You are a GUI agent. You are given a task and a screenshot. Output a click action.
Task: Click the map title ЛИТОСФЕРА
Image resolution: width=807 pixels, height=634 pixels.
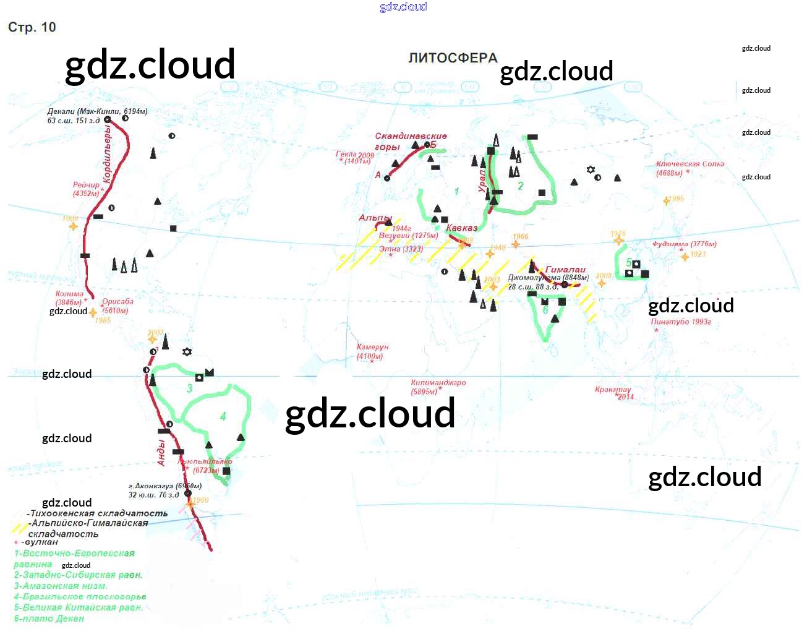pyautogui.click(x=453, y=58)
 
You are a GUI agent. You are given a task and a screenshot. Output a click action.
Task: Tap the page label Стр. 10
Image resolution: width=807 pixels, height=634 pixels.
pyautogui.click(x=32, y=27)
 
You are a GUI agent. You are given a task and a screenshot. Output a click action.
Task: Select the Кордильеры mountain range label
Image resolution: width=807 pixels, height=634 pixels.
pyautogui.click(x=108, y=155)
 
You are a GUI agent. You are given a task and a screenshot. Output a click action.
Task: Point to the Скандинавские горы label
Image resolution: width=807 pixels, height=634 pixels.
pyautogui.click(x=411, y=136)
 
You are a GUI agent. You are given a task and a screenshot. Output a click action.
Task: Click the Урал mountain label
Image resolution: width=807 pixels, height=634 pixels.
pyautogui.click(x=482, y=181)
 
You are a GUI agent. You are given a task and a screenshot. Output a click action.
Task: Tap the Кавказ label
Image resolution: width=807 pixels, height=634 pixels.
pyautogui.click(x=461, y=228)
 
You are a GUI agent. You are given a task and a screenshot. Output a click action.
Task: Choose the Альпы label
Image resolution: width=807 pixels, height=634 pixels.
pyautogui.click(x=375, y=218)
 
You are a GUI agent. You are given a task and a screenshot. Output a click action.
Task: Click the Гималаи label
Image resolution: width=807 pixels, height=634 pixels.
pyautogui.click(x=565, y=270)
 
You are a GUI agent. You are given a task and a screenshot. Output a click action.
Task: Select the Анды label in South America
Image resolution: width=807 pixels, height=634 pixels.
pyautogui.click(x=161, y=452)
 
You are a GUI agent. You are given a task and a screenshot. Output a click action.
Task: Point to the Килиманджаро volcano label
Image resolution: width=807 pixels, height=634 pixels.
pyautogui.click(x=438, y=383)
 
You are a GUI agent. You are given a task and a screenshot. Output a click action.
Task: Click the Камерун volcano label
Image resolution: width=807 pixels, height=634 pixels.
pyautogui.click(x=372, y=347)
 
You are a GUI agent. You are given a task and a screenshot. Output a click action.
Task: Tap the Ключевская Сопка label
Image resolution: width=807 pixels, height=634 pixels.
pyautogui.click(x=690, y=164)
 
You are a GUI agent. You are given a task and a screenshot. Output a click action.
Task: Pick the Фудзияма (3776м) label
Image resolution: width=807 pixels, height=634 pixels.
pyautogui.click(x=684, y=244)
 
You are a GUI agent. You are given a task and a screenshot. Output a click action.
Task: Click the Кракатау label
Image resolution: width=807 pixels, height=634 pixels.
pyautogui.click(x=613, y=390)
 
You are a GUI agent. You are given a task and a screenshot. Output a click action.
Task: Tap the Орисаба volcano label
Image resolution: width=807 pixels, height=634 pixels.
pyautogui.click(x=117, y=302)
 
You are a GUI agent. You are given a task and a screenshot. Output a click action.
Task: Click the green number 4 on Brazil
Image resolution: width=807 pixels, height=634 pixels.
pyautogui.click(x=223, y=416)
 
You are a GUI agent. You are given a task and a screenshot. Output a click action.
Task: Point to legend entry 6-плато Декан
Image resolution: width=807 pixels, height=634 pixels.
pyautogui.click(x=49, y=619)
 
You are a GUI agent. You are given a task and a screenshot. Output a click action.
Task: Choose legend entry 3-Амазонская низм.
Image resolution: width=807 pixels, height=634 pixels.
pyautogui.click(x=61, y=586)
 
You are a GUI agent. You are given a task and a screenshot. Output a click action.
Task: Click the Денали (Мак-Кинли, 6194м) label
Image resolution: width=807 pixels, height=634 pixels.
pyautogui.click(x=97, y=112)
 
